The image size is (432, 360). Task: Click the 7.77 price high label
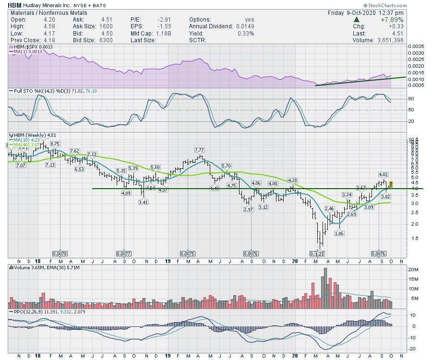200,150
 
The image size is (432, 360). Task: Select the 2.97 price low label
248,209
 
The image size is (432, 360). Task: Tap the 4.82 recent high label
383,174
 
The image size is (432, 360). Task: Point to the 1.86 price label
339,233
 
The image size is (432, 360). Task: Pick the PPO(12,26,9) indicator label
29,312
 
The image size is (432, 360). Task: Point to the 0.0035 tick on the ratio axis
416,46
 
